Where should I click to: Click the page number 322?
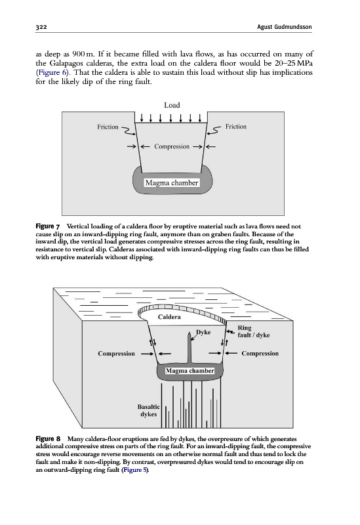41,27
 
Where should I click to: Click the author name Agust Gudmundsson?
284,27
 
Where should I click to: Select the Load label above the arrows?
172,105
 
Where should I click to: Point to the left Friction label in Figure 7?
108,127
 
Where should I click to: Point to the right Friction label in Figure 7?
236,126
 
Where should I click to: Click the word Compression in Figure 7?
172,146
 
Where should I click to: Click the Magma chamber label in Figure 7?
172,183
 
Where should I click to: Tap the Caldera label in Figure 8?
169,317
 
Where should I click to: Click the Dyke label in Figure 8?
203,332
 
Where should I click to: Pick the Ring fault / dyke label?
254,331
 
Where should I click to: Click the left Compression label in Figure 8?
117,354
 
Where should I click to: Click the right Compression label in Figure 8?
260,353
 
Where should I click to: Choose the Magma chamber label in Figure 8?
190,371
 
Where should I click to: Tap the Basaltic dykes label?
149,411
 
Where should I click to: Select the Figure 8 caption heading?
48,439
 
